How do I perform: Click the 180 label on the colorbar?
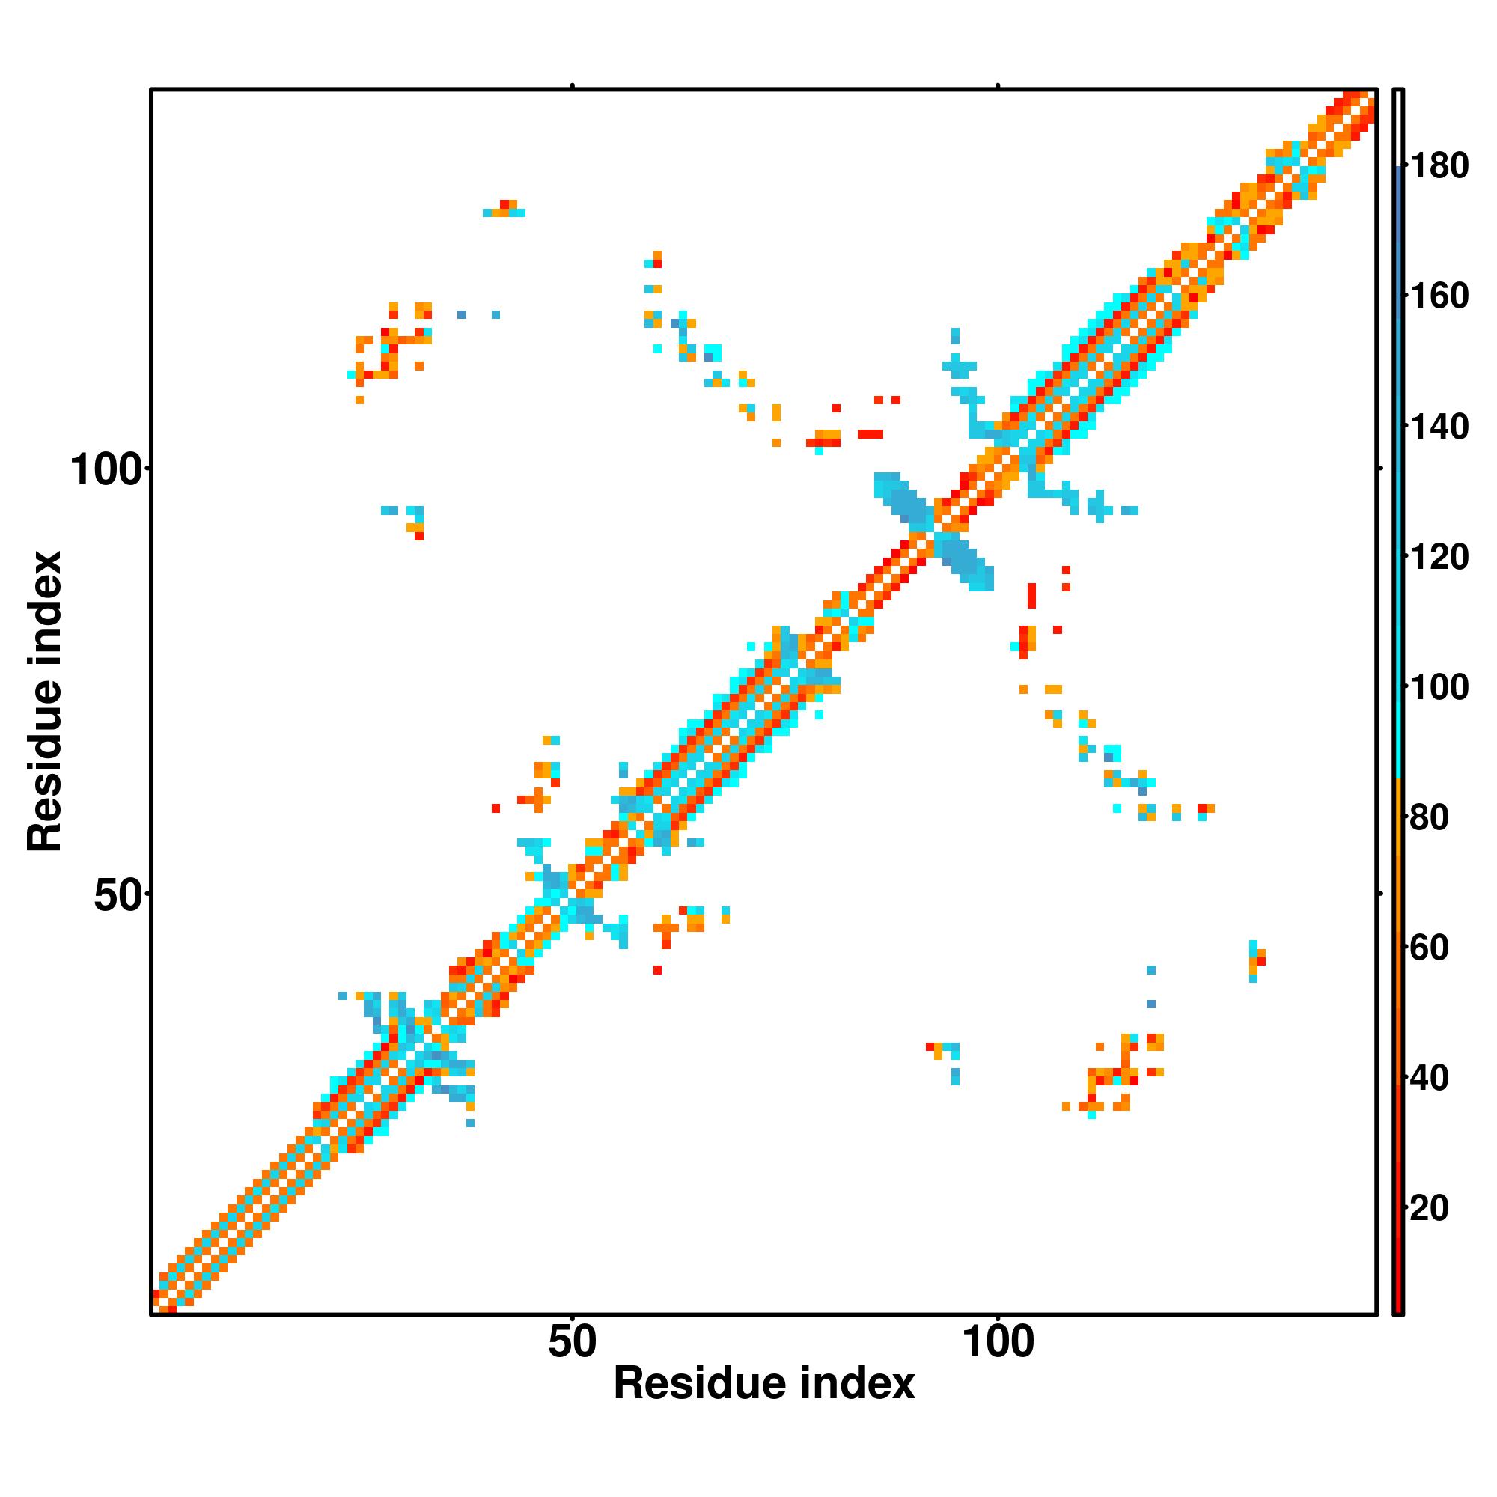[1439, 166]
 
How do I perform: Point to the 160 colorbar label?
[1439, 296]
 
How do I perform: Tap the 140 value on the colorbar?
[1439, 427]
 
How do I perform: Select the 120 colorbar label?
[1439, 557]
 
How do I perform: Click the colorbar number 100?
[1439, 687]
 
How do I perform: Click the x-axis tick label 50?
[573, 1342]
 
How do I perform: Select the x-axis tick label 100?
[998, 1342]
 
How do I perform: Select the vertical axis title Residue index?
[44, 701]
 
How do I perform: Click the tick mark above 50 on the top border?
[573, 85]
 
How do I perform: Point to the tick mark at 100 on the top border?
[998, 85]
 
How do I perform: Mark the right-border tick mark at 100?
[1380, 468]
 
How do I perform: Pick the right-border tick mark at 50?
[1380, 894]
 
